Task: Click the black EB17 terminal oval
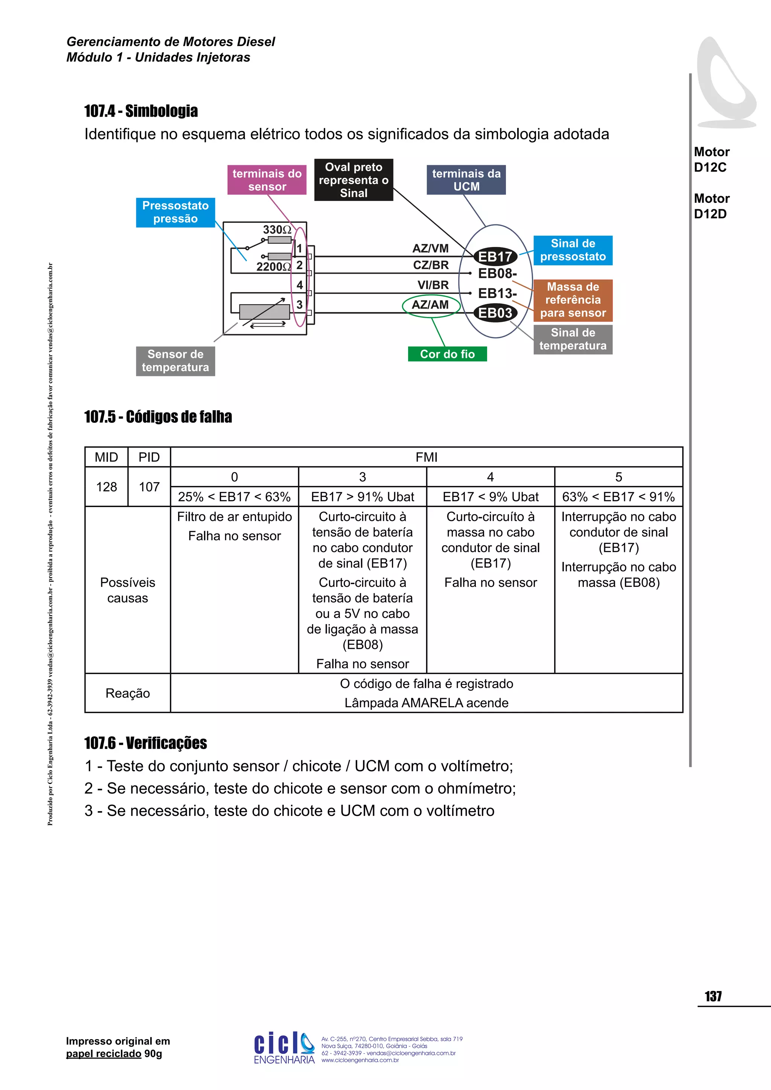[495, 257]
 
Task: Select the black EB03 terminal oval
[495, 313]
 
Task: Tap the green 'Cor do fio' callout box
[447, 354]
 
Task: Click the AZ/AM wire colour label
[431, 305]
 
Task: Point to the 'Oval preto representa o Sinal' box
[354, 180]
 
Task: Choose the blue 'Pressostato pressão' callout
[175, 212]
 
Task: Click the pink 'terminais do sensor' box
[267, 180]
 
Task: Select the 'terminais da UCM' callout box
[466, 180]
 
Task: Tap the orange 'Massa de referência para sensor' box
[573, 300]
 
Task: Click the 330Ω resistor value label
[277, 230]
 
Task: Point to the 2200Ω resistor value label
[273, 267]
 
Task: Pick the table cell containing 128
[106, 487]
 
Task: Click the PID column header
[149, 457]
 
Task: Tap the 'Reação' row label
[127, 693]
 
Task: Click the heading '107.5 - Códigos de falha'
[158, 417]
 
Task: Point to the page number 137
[713, 997]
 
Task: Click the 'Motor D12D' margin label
[711, 206]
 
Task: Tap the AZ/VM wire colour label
[430, 248]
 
